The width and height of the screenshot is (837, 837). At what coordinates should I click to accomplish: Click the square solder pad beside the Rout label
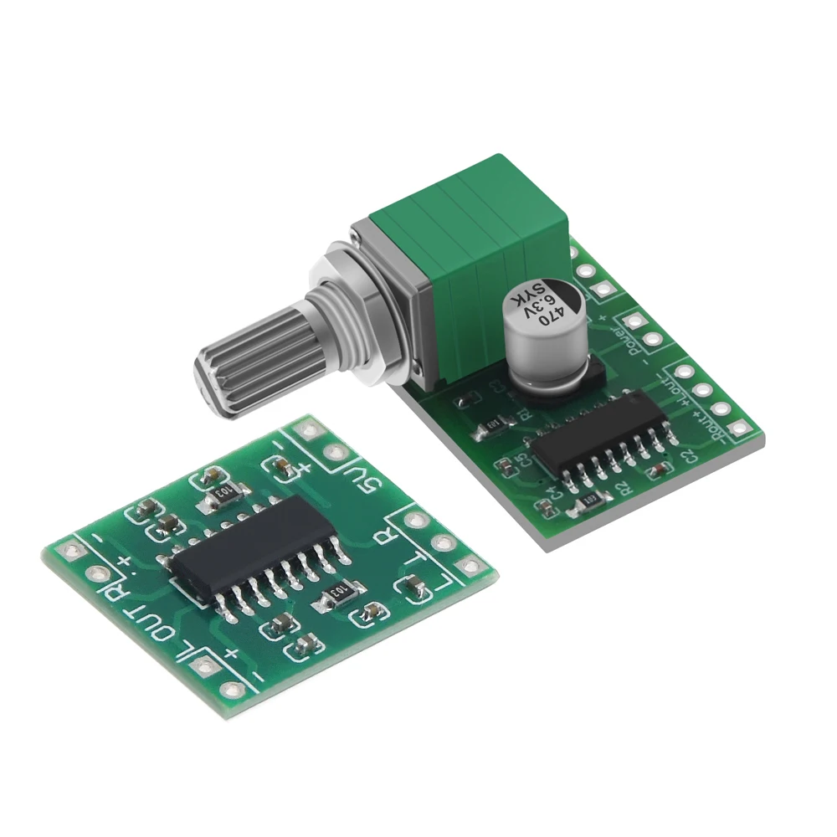737,429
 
